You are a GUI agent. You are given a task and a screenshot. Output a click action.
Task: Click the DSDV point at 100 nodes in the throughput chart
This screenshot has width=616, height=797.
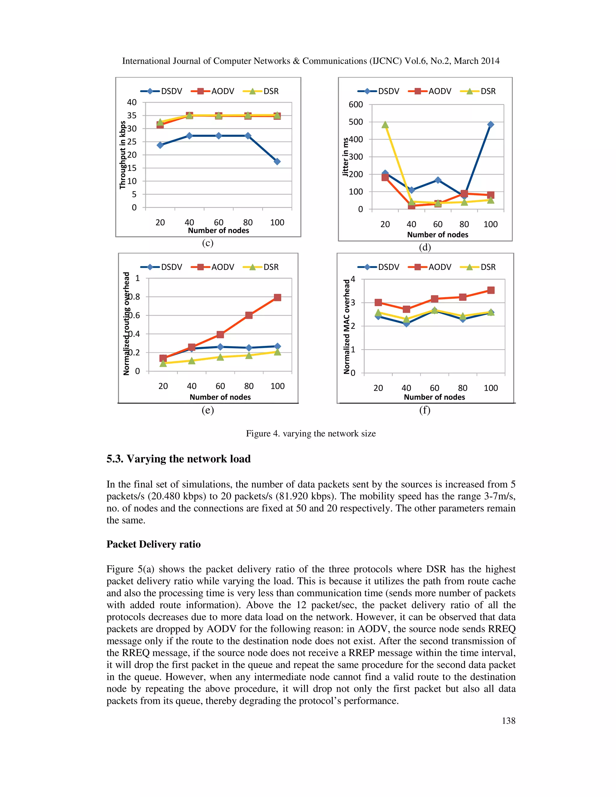pos(277,161)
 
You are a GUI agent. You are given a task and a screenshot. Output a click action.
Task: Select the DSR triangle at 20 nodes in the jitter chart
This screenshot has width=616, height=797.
pos(385,125)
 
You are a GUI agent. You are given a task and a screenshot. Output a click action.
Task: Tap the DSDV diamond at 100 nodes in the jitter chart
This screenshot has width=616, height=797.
pos(491,125)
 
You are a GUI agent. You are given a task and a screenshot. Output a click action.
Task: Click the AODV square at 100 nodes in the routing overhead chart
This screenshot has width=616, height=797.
pos(277,297)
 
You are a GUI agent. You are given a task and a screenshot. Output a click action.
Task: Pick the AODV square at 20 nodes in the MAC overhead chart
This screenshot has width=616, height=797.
pos(378,303)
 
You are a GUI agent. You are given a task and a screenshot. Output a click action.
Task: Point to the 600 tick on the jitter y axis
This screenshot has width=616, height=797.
pos(356,105)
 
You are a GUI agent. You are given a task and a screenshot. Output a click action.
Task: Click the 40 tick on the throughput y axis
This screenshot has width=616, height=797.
pos(132,102)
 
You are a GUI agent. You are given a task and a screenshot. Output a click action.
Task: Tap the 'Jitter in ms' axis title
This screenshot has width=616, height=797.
pos(345,157)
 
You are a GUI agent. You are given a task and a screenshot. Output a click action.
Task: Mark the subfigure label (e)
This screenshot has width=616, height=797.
pos(208,410)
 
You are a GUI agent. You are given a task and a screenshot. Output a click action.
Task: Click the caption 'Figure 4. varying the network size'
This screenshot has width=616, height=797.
pos(310,433)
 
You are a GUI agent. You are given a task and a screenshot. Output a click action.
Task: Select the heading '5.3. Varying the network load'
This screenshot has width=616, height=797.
pos(178,459)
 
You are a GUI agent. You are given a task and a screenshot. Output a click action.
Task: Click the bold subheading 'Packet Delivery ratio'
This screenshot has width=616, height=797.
pos(153,544)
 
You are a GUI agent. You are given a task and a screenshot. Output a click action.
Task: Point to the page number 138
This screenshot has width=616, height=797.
pos(508,721)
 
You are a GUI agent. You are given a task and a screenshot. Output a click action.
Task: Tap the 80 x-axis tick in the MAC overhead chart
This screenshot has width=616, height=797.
pos(462,388)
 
